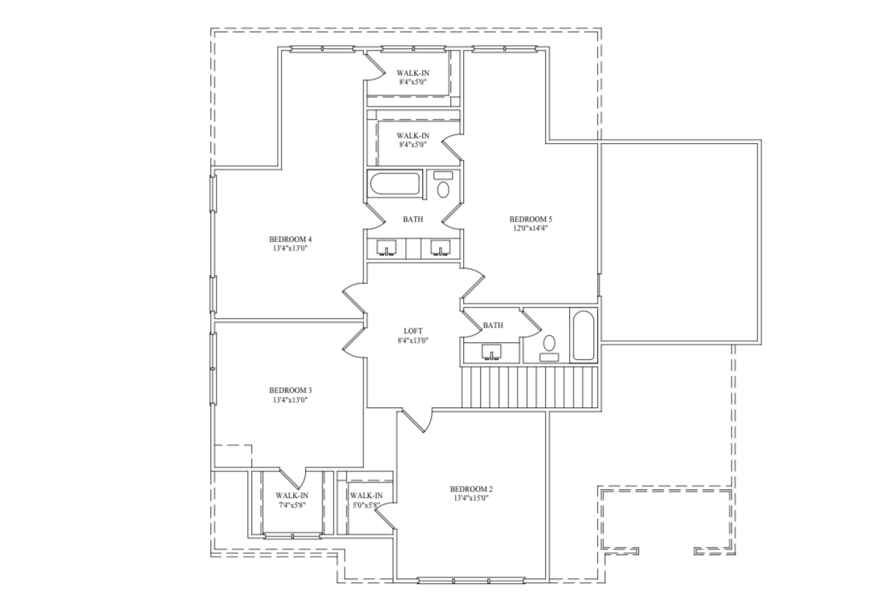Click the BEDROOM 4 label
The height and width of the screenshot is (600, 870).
click(290, 239)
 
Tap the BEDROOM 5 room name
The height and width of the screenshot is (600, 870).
click(531, 218)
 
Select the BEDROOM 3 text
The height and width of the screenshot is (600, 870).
click(290, 390)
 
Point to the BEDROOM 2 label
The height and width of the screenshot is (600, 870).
click(471, 489)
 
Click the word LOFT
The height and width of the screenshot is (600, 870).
click(413, 331)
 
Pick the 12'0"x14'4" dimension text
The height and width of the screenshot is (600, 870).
click(531, 228)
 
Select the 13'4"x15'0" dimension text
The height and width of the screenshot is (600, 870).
click(471, 499)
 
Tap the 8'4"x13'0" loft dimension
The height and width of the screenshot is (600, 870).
click(413, 341)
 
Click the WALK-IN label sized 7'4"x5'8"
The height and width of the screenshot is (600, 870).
click(292, 496)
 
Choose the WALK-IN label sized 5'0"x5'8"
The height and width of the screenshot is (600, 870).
click(366, 496)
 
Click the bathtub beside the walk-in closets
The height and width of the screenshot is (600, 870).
click(394, 184)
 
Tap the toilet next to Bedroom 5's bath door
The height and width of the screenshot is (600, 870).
click(443, 190)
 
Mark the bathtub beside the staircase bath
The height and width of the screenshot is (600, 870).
click(583, 336)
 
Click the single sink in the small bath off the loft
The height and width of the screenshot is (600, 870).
click(491, 351)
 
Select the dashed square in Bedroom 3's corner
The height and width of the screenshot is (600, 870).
click(234, 456)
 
